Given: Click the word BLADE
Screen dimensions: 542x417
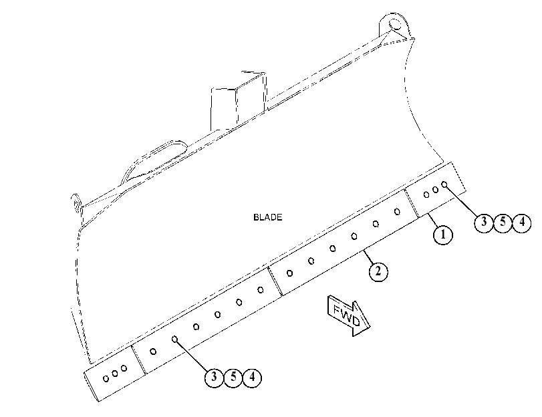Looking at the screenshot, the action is tap(267, 217).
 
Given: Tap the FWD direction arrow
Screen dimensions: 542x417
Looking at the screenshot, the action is tap(348, 315).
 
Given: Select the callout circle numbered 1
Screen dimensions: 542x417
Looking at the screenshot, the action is tap(443, 235).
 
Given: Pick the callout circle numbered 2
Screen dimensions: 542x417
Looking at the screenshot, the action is tap(378, 271).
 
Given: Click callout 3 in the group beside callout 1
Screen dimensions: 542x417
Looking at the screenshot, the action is tap(484, 223).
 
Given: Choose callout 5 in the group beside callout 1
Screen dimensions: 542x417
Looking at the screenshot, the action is tap(503, 222).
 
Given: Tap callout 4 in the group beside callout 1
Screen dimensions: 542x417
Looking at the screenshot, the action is tap(521, 223).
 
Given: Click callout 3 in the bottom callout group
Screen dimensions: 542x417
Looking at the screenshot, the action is tap(215, 377).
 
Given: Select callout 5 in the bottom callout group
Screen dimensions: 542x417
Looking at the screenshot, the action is tap(233, 377).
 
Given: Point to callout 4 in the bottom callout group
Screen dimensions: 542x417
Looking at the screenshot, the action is tap(253, 377).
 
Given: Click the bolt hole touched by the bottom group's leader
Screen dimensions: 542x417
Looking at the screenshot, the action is tap(175, 339).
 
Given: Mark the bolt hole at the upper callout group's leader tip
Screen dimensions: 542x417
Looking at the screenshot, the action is tap(444, 184).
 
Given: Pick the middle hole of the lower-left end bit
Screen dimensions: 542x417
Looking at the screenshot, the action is tap(115, 374).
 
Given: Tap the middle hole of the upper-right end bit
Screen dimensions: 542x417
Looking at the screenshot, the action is tap(436, 190).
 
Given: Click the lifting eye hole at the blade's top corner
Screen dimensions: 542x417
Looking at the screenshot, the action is tap(394, 24).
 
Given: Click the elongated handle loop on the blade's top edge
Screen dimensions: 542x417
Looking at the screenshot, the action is tap(154, 161).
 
